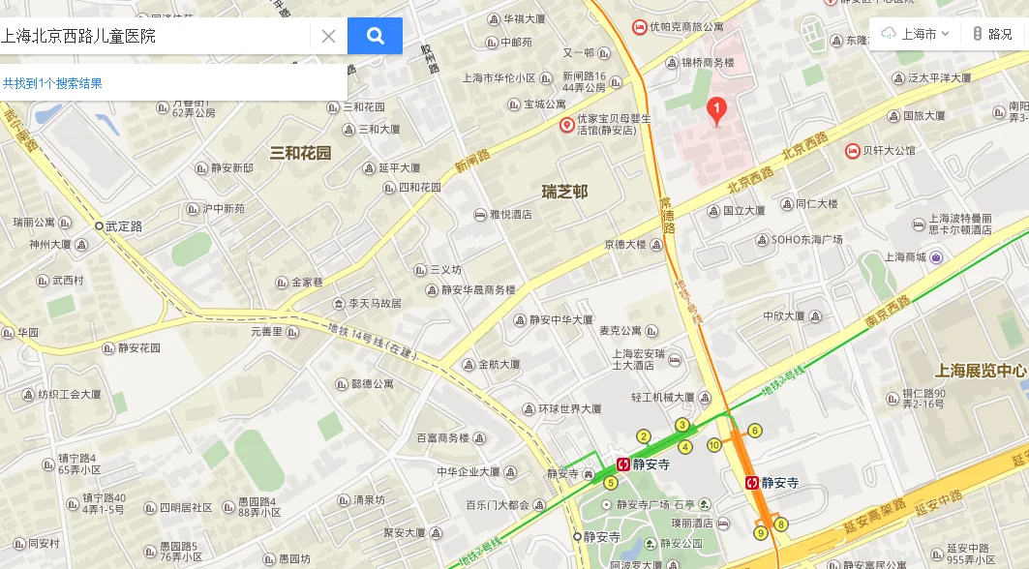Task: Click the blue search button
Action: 375,37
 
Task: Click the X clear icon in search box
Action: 328,37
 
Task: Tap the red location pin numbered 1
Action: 716,111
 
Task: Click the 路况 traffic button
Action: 992,34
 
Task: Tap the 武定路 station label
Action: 123,226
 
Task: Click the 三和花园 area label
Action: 300,153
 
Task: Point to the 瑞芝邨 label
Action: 564,192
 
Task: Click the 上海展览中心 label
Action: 980,371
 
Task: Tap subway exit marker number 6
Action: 755,431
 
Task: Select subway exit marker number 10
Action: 713,445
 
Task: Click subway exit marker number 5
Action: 610,483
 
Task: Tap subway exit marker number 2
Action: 643,436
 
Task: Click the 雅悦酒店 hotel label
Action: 510,215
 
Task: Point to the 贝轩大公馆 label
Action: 888,151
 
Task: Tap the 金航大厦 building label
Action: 499,365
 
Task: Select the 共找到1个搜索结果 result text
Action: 52,83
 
